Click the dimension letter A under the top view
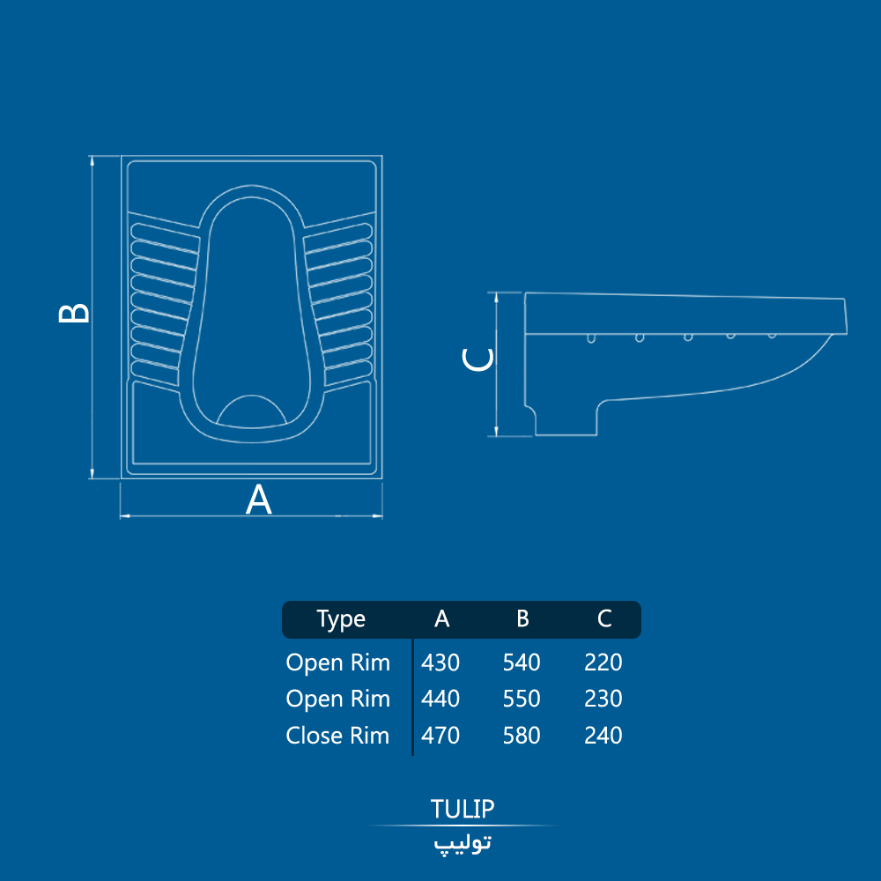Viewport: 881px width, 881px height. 258,500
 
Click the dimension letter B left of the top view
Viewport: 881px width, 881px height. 74,313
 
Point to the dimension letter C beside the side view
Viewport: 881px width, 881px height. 478,359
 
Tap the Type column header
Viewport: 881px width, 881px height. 341,619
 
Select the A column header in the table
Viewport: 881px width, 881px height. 441,618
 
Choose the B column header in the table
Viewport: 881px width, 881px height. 522,618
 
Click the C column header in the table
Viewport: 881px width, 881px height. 604,618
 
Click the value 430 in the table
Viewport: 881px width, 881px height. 440,663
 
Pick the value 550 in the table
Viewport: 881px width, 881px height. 522,699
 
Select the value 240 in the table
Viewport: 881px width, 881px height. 603,736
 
